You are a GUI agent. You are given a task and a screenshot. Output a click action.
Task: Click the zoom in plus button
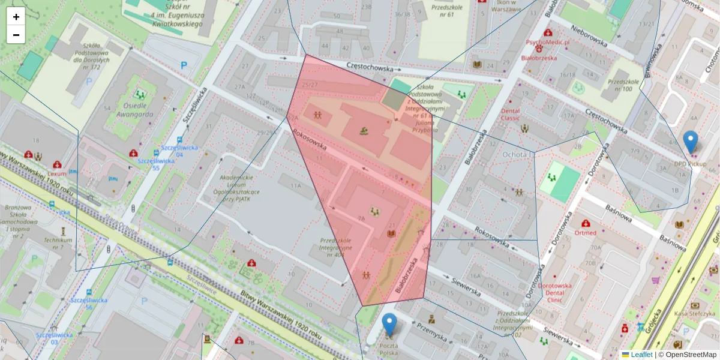click(x=16, y=17)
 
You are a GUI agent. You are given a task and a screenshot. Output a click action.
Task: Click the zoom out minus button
click(x=16, y=35)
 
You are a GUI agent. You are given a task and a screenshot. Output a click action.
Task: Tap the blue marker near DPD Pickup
click(x=691, y=142)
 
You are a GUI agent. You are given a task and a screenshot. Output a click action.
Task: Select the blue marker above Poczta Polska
click(x=390, y=324)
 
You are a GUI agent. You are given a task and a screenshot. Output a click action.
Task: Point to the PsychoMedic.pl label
click(x=547, y=43)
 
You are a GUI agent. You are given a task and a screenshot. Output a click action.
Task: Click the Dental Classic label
click(x=510, y=114)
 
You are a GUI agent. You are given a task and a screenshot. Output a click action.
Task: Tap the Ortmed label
click(x=586, y=232)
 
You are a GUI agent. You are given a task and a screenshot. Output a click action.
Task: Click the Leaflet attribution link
click(x=641, y=355)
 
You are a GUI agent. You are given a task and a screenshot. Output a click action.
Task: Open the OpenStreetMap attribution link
click(x=687, y=355)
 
